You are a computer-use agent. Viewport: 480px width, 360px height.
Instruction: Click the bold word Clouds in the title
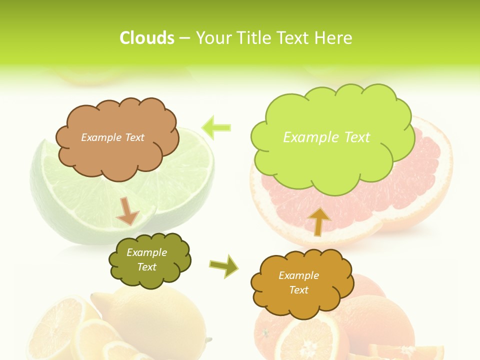(x=147, y=38)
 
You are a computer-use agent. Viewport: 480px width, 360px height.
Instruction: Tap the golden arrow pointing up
(x=318, y=221)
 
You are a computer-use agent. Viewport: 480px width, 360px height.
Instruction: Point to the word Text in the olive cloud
(x=147, y=267)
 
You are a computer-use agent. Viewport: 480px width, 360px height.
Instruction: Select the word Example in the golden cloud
(x=298, y=275)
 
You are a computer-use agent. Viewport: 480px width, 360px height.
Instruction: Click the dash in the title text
(x=184, y=38)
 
